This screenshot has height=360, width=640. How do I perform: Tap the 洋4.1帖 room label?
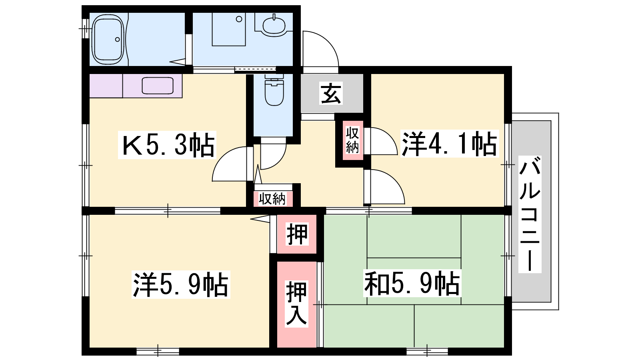(450, 144)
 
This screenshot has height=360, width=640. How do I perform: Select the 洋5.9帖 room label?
(181, 284)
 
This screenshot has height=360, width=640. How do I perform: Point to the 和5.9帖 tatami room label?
(412, 284)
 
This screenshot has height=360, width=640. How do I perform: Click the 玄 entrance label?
(331, 94)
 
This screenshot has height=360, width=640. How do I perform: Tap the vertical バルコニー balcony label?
(530, 214)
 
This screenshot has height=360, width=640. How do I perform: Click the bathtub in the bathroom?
(108, 40)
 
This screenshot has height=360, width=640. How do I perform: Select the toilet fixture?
(274, 90)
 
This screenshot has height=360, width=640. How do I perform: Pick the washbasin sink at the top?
(274, 25)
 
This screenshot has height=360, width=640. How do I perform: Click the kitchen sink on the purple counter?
(158, 85)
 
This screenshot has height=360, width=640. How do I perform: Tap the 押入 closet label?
(296, 304)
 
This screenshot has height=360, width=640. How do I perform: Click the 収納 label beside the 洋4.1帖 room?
(352, 140)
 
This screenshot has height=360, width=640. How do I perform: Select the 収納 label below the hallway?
(272, 198)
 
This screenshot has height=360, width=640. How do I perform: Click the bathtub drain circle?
(118, 40)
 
